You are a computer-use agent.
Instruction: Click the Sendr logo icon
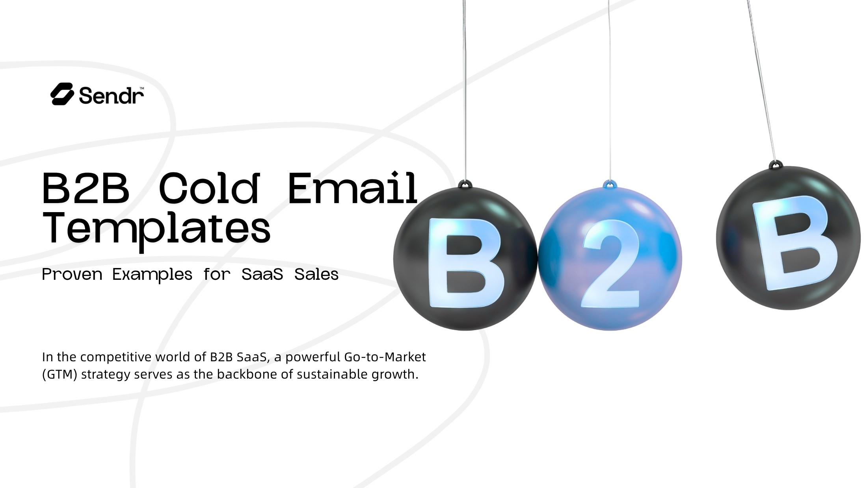click(x=62, y=94)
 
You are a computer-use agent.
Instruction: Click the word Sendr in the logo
click(x=111, y=96)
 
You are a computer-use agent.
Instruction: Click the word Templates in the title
click(x=156, y=229)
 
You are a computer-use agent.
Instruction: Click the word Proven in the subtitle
click(x=72, y=274)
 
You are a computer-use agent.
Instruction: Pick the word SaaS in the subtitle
click(x=262, y=274)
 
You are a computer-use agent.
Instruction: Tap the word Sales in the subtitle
click(x=316, y=274)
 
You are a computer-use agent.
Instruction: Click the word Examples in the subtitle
click(x=152, y=274)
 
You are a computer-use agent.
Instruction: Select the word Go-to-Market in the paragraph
click(x=385, y=357)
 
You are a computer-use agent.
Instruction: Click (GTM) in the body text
click(x=60, y=374)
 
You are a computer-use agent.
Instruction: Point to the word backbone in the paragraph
click(x=247, y=374)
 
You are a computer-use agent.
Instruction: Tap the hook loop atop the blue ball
click(x=610, y=184)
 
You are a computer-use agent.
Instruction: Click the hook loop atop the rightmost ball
click(x=776, y=164)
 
